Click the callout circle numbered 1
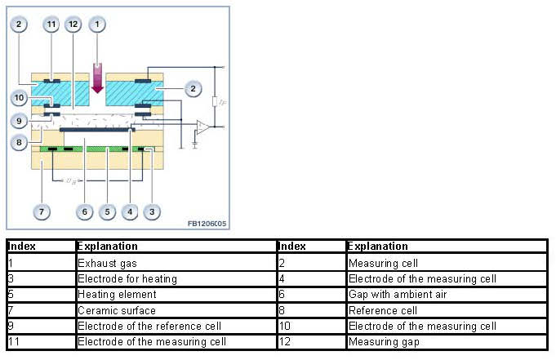click(99, 24)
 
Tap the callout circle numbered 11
click(51, 24)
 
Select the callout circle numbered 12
click(74, 24)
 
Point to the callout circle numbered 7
click(42, 212)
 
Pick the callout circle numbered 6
click(84, 212)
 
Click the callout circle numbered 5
click(106, 212)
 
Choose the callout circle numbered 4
click(127, 212)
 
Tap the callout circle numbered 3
click(149, 212)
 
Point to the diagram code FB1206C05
click(205, 222)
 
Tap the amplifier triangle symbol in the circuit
click(200, 127)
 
